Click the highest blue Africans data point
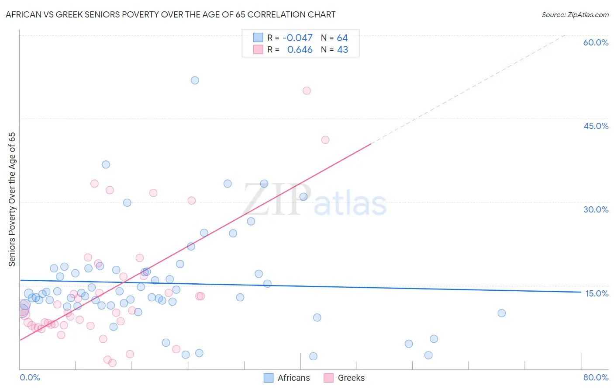[195, 80]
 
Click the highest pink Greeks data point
[307, 91]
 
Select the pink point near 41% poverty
[325, 140]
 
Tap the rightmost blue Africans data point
[501, 313]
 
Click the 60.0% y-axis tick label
[596, 42]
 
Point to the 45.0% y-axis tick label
[596, 126]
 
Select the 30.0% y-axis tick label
[596, 209]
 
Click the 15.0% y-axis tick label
[597, 293]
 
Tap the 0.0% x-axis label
[30, 377]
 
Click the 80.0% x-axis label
[596, 377]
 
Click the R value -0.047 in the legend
[297, 38]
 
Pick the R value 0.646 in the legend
[300, 50]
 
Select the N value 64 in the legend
[342, 38]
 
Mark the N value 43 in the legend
[342, 50]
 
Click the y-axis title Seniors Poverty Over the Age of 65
[12, 199]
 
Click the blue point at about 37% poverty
[106, 164]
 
